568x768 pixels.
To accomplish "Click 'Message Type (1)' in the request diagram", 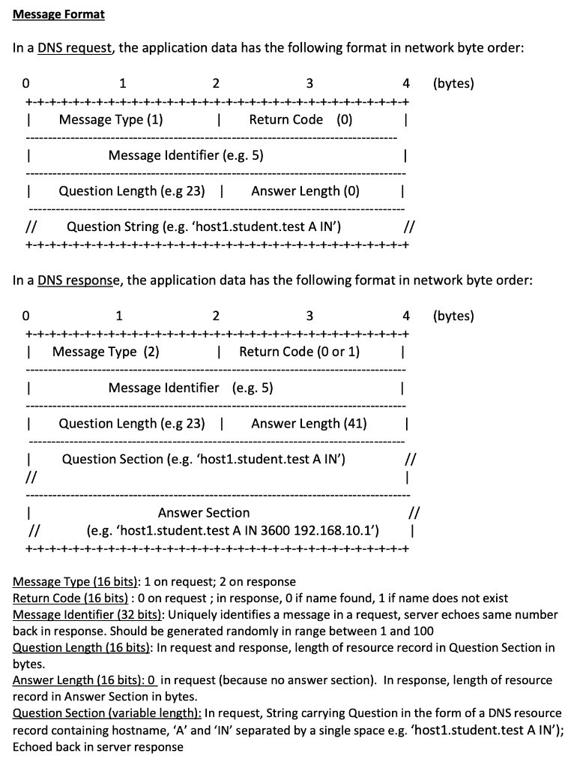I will pos(111,119).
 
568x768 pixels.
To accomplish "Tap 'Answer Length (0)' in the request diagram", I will pos(305,191).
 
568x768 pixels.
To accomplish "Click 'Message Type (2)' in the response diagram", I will pos(106,352).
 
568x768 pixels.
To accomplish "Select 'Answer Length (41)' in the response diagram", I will pos(309,424).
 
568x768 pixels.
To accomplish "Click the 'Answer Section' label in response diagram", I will pos(204,513).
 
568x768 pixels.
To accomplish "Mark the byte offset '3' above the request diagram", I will pos(309,83).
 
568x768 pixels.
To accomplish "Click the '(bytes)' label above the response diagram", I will pos(453,316).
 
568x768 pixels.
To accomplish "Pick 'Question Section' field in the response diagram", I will pos(203,459).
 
